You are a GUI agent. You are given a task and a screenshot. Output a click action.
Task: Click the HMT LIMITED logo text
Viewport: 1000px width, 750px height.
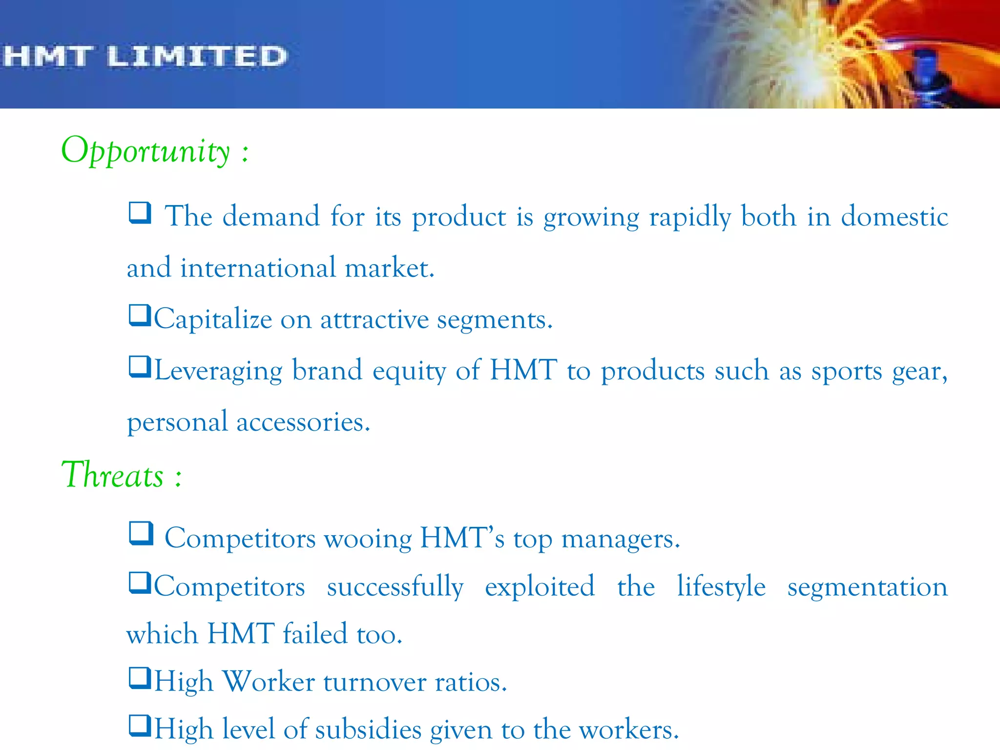tap(145, 56)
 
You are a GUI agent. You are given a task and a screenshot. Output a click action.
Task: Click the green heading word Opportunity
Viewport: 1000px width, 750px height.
tap(145, 151)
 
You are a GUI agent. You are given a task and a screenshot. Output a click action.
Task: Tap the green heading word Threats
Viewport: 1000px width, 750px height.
tap(112, 475)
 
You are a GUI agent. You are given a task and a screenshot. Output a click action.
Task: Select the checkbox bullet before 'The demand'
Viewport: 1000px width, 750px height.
tap(140, 213)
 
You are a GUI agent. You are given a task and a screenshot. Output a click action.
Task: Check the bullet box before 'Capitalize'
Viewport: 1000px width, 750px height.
tap(140, 315)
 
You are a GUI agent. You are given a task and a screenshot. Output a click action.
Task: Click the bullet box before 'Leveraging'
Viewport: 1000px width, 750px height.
tap(140, 367)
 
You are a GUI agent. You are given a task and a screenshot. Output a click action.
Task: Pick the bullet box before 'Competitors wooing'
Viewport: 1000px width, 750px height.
tap(141, 533)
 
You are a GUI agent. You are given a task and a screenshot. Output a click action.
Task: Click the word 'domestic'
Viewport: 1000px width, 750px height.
tap(894, 216)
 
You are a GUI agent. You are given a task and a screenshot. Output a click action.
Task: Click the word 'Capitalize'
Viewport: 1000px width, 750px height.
tap(213, 320)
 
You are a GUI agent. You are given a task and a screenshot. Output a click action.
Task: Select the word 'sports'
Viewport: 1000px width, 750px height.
tap(847, 371)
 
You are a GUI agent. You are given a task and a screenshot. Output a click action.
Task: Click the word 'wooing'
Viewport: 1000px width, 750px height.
tap(368, 539)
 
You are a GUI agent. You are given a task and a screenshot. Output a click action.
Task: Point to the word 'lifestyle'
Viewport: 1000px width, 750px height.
tap(721, 586)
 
